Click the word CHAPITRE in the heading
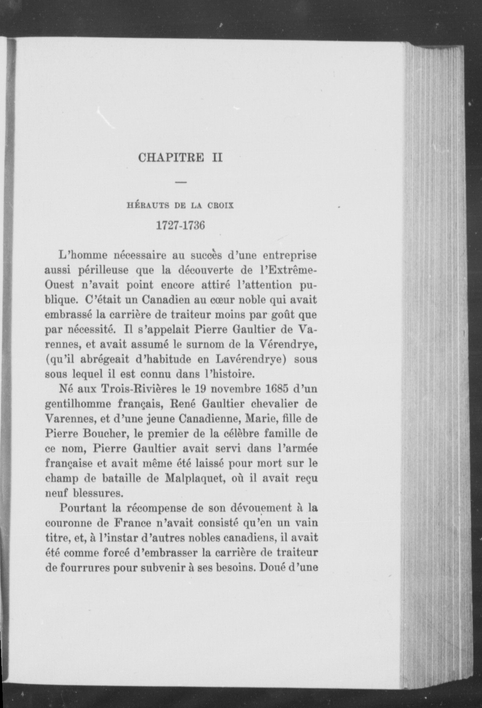point(170,157)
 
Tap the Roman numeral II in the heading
point(217,157)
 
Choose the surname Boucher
point(103,434)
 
